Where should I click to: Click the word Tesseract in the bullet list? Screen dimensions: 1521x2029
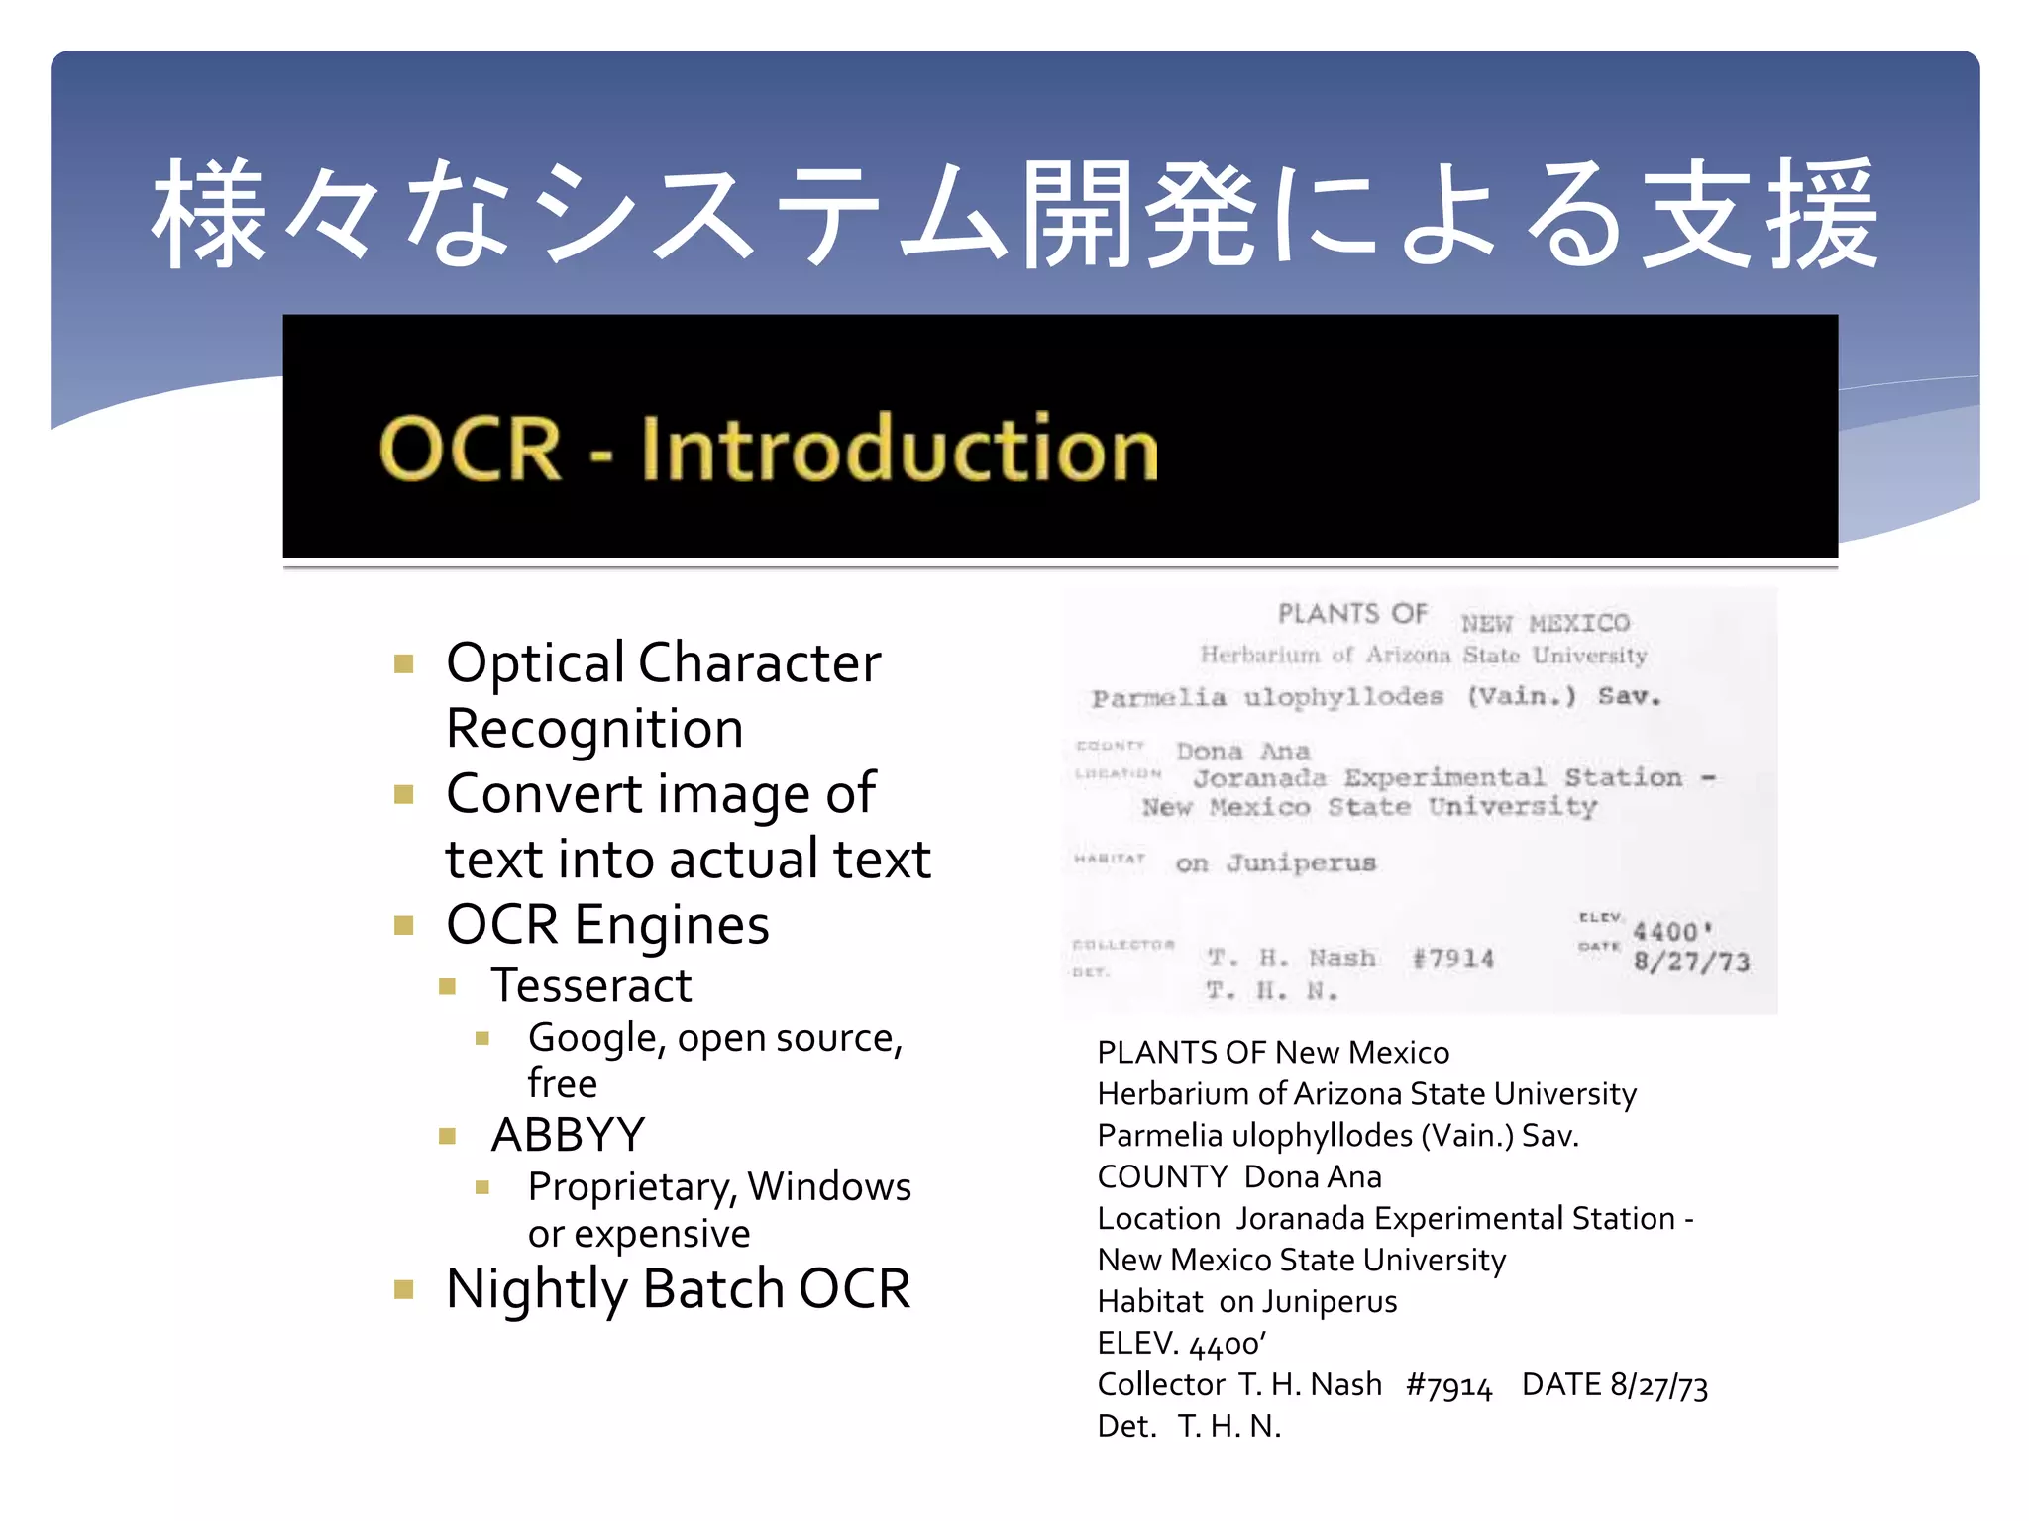click(x=591, y=986)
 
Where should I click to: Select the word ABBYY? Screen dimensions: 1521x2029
click(x=568, y=1135)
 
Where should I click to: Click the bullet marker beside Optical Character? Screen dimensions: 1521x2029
click(x=403, y=663)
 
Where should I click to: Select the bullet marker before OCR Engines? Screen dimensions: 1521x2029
click(x=403, y=926)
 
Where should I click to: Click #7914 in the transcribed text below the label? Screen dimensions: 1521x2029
click(x=1448, y=1385)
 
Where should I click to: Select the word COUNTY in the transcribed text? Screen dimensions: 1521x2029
click(x=1162, y=1177)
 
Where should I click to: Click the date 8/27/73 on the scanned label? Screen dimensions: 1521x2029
click(x=1691, y=962)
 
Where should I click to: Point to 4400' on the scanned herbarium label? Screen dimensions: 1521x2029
click(x=1672, y=932)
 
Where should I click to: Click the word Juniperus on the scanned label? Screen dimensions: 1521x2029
click(x=1301, y=863)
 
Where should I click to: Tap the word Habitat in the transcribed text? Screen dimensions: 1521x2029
click(x=1150, y=1302)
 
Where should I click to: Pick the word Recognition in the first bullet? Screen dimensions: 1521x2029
click(x=594, y=730)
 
